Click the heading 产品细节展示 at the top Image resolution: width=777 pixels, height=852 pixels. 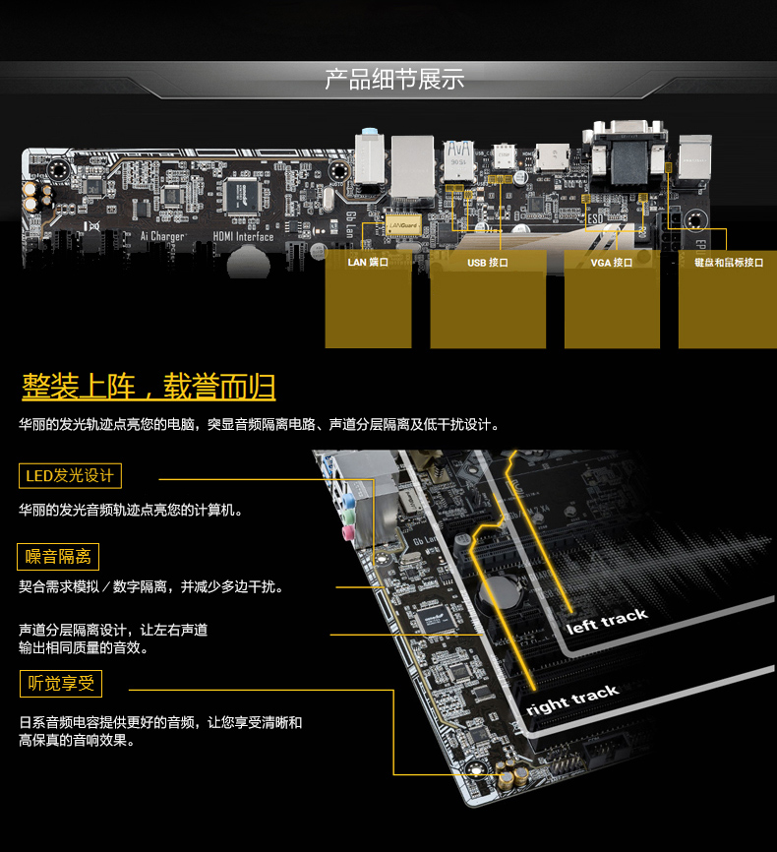click(x=394, y=79)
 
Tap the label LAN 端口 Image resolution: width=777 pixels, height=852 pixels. click(x=368, y=263)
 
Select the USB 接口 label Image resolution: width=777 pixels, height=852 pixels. click(x=488, y=263)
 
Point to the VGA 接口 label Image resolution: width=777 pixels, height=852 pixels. click(x=611, y=263)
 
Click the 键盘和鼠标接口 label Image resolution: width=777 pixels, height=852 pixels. click(x=728, y=263)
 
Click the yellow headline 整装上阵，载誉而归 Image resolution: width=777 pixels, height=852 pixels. click(x=149, y=387)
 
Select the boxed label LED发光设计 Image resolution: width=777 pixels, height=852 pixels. click(x=70, y=477)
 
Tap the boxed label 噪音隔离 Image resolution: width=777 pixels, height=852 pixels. click(x=58, y=557)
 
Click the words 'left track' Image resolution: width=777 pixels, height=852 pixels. click(x=607, y=620)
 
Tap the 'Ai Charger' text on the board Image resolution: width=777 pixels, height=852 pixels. click(x=162, y=237)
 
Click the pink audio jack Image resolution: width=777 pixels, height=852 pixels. click(x=346, y=533)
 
